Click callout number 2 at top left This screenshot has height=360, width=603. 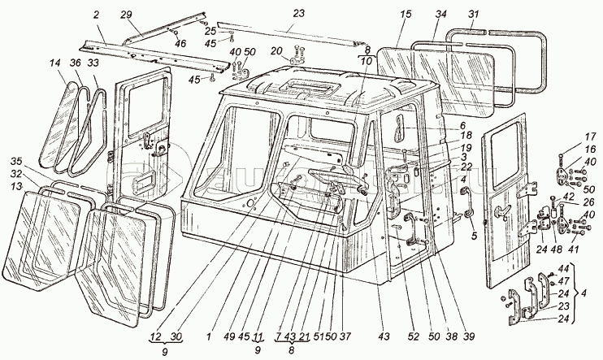(96, 15)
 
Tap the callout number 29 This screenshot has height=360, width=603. (127, 15)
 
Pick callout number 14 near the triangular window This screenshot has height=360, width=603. (54, 62)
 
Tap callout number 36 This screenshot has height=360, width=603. (74, 62)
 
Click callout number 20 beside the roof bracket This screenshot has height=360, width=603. (276, 50)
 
